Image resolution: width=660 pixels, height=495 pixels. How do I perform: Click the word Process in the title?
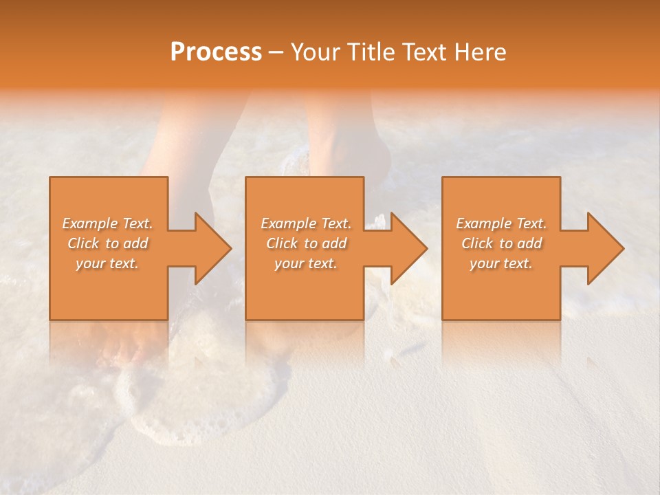[216, 52]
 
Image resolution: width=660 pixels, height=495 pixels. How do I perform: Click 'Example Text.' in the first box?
[107, 223]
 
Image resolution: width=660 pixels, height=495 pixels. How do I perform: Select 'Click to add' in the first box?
[107, 243]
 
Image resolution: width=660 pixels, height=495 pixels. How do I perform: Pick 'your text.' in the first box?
[107, 263]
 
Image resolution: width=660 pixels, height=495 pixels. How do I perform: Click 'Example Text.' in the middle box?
[305, 223]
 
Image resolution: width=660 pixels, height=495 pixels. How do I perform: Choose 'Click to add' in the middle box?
[305, 243]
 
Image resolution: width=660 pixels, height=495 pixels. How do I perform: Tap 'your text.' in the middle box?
[305, 263]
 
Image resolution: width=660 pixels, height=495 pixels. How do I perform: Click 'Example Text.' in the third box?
[501, 223]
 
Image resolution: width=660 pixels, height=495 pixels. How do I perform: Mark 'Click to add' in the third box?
[501, 243]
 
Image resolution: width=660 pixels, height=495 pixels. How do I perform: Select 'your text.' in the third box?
[501, 263]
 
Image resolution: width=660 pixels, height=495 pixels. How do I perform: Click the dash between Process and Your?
[276, 53]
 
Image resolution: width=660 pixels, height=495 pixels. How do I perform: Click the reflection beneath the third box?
[501, 340]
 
